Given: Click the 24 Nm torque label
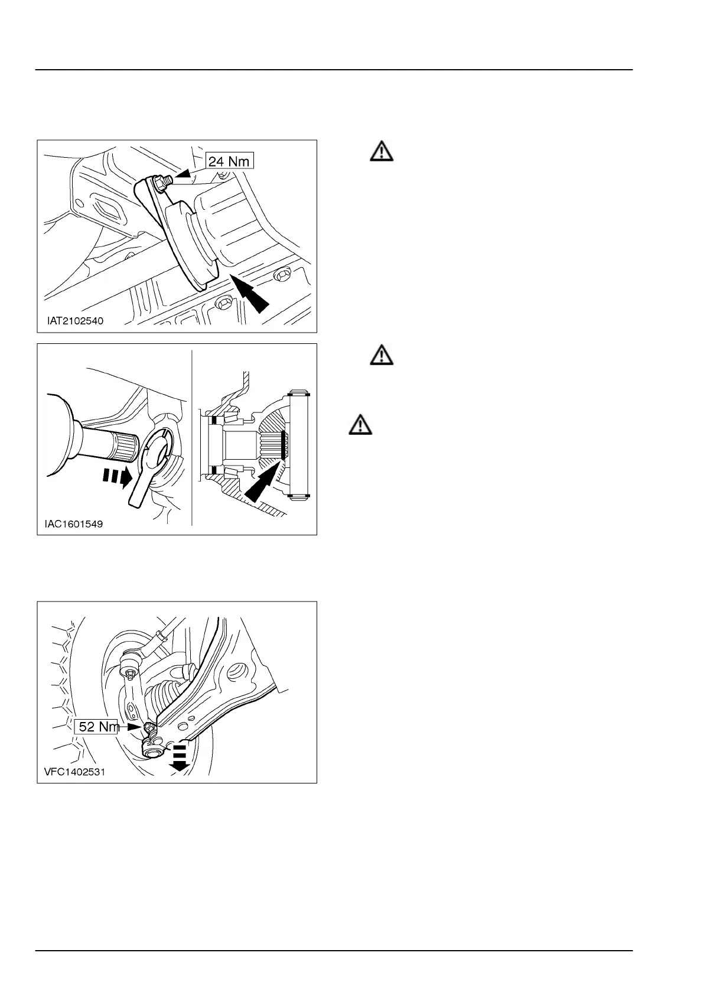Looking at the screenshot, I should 229,160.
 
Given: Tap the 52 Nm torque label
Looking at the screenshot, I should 99,726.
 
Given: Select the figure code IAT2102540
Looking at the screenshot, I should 75,321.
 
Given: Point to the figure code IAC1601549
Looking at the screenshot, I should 73,524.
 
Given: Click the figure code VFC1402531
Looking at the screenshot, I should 74,772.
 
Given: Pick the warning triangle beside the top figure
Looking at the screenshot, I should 382,152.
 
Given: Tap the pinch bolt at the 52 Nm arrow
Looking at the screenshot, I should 149,727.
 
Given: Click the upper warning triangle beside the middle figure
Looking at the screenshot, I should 382,355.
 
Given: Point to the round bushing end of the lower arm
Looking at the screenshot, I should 152,752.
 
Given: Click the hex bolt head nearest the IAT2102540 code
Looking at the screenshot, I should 224,303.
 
